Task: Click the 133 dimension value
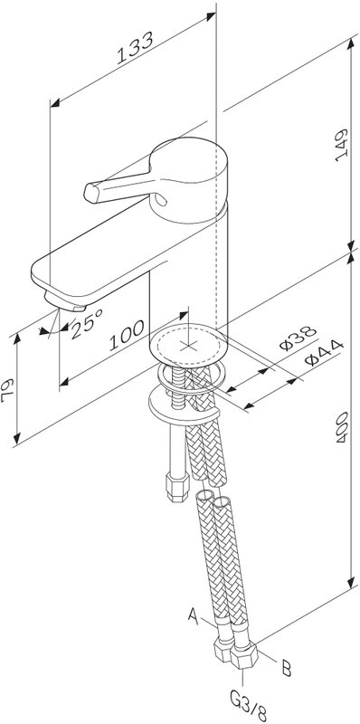134,48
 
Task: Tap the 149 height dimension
341,145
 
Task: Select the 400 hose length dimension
342,427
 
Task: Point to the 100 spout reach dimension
127,335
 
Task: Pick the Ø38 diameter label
298,338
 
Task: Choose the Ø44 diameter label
325,352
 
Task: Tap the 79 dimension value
8,390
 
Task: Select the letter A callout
194,615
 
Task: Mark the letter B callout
287,668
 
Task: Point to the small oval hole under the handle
161,199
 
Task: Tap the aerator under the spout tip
64,301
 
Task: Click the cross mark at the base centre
188,345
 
